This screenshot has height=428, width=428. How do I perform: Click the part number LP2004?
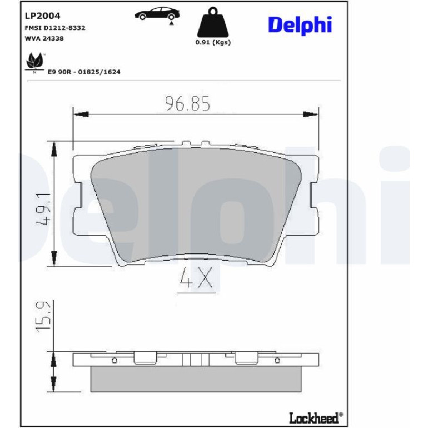[x=42, y=16]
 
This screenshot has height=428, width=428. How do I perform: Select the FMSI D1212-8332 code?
[x=55, y=28]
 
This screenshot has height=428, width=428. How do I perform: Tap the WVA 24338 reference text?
[x=44, y=38]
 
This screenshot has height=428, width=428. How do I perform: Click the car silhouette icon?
[x=157, y=14]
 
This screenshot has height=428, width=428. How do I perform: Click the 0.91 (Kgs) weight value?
[x=213, y=42]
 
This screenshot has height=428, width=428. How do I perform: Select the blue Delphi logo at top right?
[x=300, y=25]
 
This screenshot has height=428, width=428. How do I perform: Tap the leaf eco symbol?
[x=34, y=61]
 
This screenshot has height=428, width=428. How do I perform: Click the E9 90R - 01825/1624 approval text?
[x=84, y=72]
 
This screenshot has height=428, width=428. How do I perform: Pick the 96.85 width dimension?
[x=188, y=103]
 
